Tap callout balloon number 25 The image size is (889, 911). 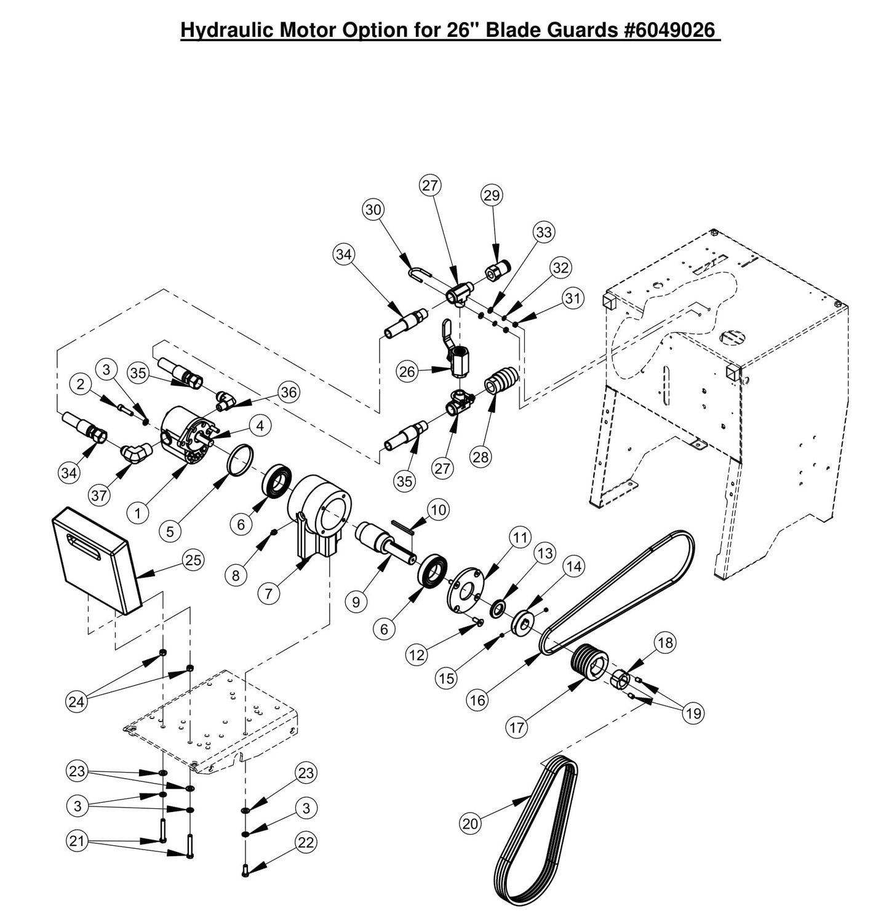pyautogui.click(x=193, y=560)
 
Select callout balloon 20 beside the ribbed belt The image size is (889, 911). pyautogui.click(x=470, y=823)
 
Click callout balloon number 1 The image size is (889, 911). pyautogui.click(x=138, y=512)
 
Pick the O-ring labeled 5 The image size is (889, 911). pyautogui.click(x=239, y=459)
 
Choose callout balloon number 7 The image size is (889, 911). pyautogui.click(x=268, y=593)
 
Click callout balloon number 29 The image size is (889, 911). pyautogui.click(x=491, y=195)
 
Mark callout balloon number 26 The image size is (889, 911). pyautogui.click(x=407, y=371)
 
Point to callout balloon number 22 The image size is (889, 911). pyautogui.click(x=306, y=842)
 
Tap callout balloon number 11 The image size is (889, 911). pyautogui.click(x=520, y=537)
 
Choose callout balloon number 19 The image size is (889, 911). pyautogui.click(x=693, y=713)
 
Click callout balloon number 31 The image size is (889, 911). pyautogui.click(x=572, y=298)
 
